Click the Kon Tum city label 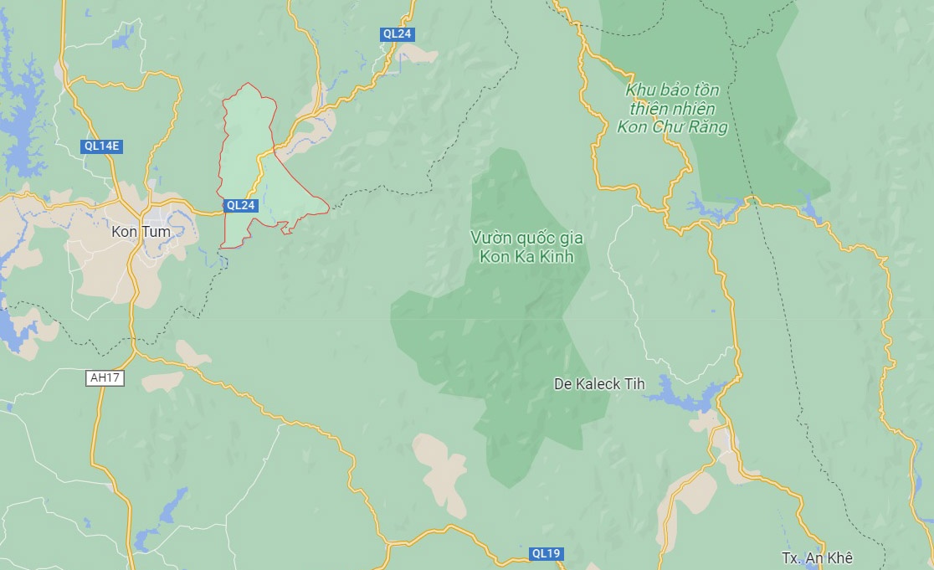point(141,231)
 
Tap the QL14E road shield point(102,146)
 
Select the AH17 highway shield point(105,378)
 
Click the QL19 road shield point(547,553)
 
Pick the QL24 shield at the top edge point(397,34)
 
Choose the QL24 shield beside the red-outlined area point(241,205)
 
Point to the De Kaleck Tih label point(600,384)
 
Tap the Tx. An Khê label point(817,558)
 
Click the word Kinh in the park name point(557,257)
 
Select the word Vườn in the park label point(489,238)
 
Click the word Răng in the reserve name point(709,127)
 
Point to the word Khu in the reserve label point(639,90)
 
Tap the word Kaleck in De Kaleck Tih point(598,384)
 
